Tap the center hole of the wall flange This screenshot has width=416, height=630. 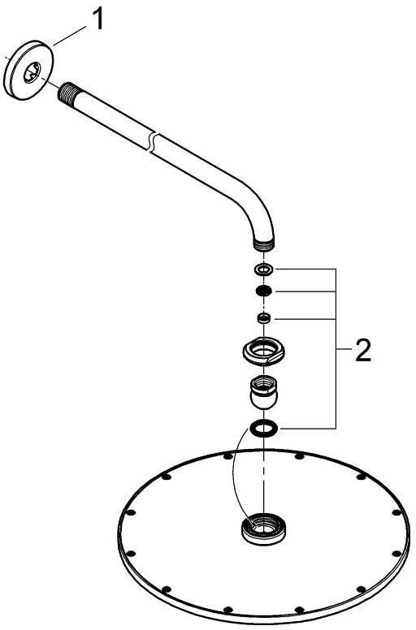[x=32, y=72]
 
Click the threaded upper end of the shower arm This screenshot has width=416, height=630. [x=64, y=92]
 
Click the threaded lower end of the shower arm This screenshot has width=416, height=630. [x=263, y=244]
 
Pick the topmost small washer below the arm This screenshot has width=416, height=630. [x=264, y=269]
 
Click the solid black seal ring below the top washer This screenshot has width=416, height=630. [x=264, y=291]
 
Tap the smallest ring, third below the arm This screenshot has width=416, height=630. [x=264, y=318]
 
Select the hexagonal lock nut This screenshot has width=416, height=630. [x=264, y=350]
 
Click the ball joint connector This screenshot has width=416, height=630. [x=263, y=392]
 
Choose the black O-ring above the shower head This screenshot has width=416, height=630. [x=264, y=429]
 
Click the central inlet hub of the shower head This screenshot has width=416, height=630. [x=263, y=529]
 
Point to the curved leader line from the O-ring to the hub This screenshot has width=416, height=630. [x=234, y=474]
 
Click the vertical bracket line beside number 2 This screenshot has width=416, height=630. [x=336, y=348]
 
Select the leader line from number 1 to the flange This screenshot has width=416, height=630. [x=68, y=35]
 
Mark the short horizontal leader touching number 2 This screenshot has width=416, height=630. [x=344, y=349]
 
